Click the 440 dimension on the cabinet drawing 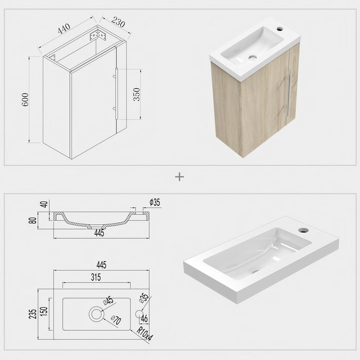point(64,30)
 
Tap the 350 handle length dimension point(136,94)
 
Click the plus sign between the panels point(179,177)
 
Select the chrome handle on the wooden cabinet point(288,95)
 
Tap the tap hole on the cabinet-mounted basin point(279,29)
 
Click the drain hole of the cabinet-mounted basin point(253,57)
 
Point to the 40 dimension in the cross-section point(44,204)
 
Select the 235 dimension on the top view point(33,313)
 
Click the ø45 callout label point(109,301)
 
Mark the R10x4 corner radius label point(145,332)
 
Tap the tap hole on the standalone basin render point(303,230)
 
